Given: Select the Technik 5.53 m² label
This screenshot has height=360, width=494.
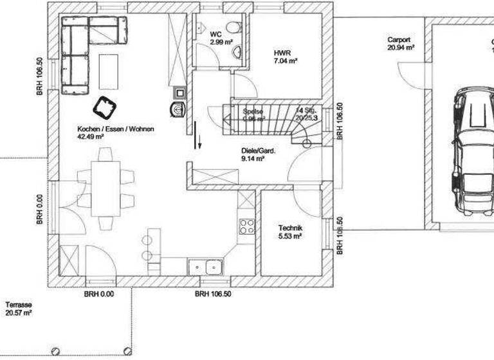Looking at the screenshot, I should tap(290, 232).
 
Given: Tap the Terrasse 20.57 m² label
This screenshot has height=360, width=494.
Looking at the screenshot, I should tap(19, 309).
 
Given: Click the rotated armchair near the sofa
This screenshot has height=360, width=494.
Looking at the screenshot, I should tap(104, 106).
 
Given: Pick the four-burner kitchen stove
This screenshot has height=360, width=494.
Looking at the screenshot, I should tap(247, 226).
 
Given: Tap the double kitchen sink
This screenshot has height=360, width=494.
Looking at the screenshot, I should tap(205, 265).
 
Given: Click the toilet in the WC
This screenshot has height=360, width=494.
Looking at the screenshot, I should tap(233, 27).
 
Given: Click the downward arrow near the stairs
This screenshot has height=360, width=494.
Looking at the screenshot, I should tap(199, 141).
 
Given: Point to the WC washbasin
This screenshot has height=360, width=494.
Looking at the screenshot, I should tap(237, 51).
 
